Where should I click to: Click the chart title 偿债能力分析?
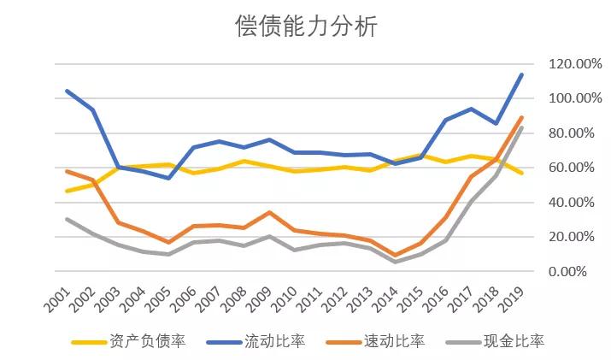click(x=305, y=27)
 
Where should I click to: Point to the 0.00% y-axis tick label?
click(x=566, y=272)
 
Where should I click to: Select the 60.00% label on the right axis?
click(x=563, y=168)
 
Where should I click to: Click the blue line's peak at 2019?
click(x=522, y=74)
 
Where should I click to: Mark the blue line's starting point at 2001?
click(x=67, y=91)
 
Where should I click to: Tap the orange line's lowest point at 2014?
click(x=397, y=255)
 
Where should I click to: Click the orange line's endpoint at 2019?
click(x=522, y=118)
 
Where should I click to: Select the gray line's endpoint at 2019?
click(x=522, y=128)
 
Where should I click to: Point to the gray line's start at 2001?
click(x=67, y=219)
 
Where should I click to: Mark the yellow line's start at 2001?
click(x=67, y=191)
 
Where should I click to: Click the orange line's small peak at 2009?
click(x=270, y=212)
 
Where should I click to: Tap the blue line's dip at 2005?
click(x=168, y=178)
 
